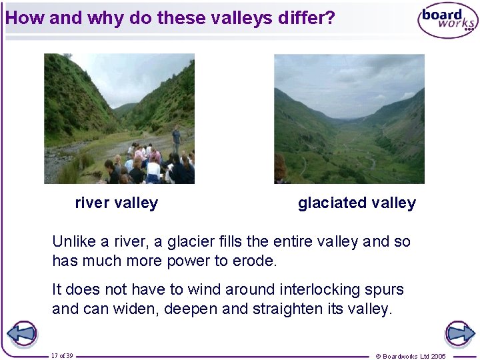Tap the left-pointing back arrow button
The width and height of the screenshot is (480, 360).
click(21, 334)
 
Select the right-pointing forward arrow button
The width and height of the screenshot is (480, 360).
click(459, 334)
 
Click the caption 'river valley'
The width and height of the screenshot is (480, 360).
click(117, 203)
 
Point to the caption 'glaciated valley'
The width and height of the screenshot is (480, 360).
click(357, 203)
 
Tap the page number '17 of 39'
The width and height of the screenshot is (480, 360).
click(62, 356)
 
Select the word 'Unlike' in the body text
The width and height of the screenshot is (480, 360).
click(73, 241)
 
